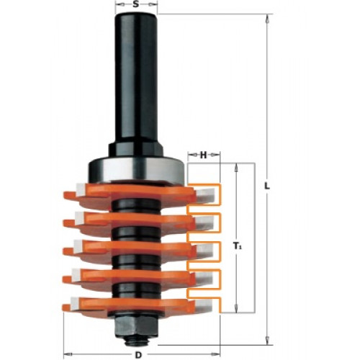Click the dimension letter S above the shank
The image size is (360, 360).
[136, 4]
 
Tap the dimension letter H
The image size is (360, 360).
[203, 156]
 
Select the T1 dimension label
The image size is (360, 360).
[238, 246]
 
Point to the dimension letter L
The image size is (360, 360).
[266, 186]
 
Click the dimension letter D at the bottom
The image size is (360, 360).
[138, 355]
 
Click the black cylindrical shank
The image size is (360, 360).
[136, 79]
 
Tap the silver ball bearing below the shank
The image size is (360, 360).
[136, 170]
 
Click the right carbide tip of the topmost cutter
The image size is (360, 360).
[206, 195]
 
